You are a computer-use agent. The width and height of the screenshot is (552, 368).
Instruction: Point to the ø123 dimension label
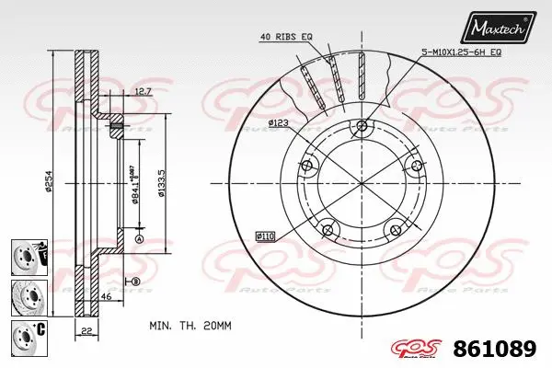[x=280, y=122]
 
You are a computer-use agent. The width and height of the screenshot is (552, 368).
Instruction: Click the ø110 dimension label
[x=267, y=236]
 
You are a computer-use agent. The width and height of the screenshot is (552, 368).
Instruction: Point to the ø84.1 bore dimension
[x=135, y=185]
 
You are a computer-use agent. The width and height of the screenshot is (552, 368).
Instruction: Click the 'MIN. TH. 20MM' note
[x=189, y=326]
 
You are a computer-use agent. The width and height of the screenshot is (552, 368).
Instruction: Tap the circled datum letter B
[x=134, y=281]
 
